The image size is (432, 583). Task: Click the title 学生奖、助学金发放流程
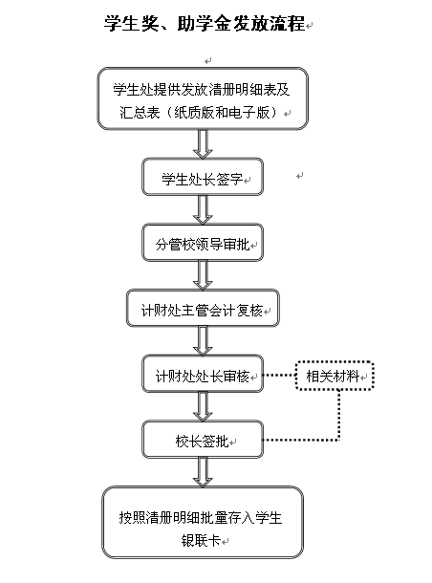click(x=205, y=24)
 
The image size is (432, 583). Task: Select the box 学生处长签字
click(x=203, y=177)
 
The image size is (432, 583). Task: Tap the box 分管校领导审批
click(x=203, y=243)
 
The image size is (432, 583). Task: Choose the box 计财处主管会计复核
click(x=203, y=309)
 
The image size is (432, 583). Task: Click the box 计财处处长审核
click(x=203, y=374)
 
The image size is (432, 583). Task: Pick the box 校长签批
click(x=203, y=440)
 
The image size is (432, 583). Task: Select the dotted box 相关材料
click(x=335, y=376)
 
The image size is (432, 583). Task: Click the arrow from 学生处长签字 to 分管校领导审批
click(x=203, y=209)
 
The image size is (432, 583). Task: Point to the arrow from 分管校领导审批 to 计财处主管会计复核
click(x=203, y=275)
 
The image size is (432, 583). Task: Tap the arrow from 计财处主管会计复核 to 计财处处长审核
click(x=203, y=341)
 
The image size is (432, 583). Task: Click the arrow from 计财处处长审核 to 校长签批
click(x=203, y=406)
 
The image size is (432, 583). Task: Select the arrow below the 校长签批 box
click(x=203, y=472)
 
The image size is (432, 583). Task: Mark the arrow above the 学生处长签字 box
click(x=203, y=144)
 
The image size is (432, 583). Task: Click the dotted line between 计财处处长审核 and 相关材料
click(x=280, y=376)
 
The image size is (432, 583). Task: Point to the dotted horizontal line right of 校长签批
click(x=300, y=440)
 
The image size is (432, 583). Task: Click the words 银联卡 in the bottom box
click(x=201, y=540)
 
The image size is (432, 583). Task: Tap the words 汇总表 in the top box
click(x=140, y=112)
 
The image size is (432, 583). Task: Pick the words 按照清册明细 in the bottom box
click(x=159, y=518)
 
